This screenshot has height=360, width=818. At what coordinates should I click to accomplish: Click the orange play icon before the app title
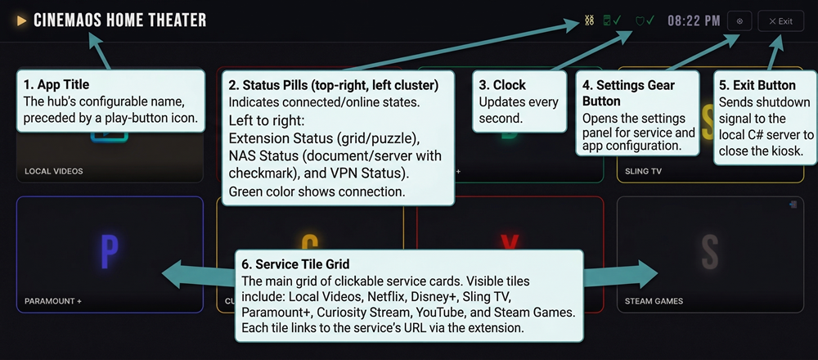click(x=22, y=20)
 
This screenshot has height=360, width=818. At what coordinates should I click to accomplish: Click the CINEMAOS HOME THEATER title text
click(x=119, y=20)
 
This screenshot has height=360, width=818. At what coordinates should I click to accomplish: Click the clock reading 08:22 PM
click(x=694, y=20)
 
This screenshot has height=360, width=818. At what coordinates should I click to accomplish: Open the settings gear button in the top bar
click(x=739, y=21)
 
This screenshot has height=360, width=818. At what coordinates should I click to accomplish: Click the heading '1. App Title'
click(x=56, y=84)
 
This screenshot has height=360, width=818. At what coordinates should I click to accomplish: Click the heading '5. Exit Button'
click(x=757, y=85)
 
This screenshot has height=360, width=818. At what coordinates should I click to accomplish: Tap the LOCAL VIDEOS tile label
click(x=54, y=172)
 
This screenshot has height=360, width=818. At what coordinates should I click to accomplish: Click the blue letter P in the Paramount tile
click(x=109, y=251)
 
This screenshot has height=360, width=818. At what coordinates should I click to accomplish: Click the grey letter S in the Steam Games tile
click(x=709, y=251)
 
